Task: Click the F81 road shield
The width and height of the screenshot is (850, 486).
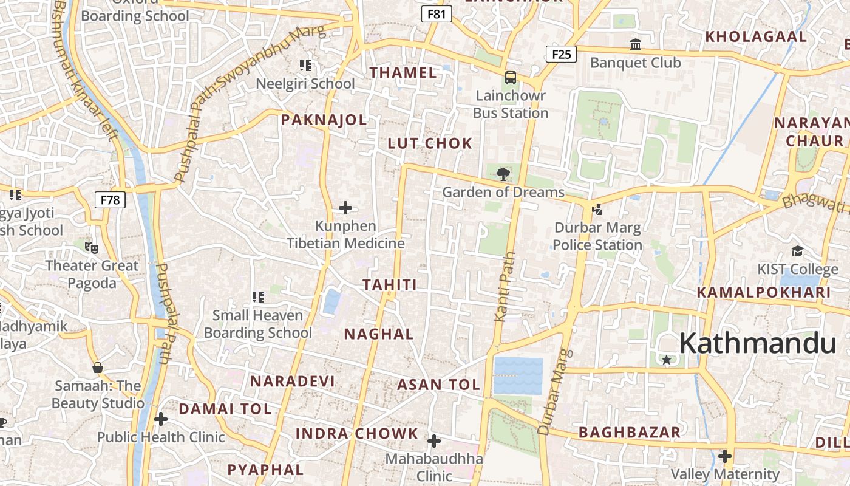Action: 437,14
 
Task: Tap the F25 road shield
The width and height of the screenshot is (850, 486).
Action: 561,55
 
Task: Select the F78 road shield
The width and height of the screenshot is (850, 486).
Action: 110,199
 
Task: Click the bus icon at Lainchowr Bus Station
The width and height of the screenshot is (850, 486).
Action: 511,78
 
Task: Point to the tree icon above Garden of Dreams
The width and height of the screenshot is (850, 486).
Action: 503,174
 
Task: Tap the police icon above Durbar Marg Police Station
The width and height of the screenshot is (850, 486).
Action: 597,210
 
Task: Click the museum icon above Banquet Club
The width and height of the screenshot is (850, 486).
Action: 636,44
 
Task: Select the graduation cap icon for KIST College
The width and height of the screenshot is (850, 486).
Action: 797,251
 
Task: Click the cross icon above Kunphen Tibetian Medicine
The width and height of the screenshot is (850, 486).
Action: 345,208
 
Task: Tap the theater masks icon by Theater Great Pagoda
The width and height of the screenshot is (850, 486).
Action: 92,247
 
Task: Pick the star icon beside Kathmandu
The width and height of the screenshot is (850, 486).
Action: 667,360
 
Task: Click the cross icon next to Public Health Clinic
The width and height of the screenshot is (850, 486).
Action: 161,419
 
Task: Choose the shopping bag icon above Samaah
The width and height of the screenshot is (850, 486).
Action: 97,368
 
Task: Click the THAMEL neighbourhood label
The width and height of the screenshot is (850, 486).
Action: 403,73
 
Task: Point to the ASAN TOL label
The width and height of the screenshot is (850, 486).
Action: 438,385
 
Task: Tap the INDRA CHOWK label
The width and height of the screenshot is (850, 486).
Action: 357,434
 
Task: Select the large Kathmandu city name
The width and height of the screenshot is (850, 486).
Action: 758,344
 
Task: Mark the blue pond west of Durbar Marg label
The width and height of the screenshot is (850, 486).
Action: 518,375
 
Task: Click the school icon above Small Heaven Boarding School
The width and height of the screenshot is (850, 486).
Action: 258,297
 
